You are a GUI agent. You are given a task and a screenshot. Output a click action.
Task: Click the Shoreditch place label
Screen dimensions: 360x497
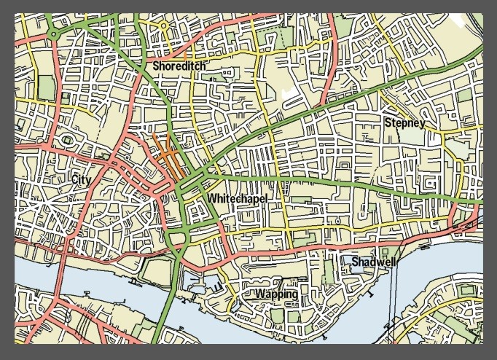pos(179,66)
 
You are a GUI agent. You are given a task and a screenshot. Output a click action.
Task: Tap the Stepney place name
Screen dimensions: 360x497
pos(403,122)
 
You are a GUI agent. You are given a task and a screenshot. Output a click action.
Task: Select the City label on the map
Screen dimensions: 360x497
pos(81,179)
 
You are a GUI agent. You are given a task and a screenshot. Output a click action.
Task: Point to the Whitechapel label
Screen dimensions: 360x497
pos(237,198)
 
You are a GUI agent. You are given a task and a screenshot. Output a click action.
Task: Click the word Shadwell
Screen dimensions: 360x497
pos(375,262)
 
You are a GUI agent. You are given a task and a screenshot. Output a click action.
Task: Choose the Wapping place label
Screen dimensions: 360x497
pos(276,294)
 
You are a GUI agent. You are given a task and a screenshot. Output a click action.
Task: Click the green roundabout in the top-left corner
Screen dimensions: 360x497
pos(53,34)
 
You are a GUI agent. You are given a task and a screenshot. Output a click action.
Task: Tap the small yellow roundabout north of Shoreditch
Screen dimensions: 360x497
pos(164,26)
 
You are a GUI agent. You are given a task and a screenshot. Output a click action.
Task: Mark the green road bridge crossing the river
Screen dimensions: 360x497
pos(166,291)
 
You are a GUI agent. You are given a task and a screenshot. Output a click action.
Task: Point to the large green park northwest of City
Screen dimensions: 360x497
pos(45,87)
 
